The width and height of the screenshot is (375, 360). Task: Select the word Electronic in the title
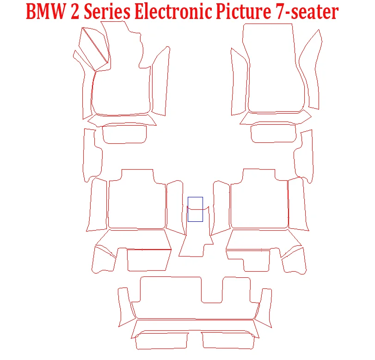click(168, 12)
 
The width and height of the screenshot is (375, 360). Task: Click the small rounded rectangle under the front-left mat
click(124, 134)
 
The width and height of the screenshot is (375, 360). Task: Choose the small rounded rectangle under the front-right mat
click(273, 134)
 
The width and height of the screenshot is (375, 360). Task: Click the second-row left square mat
click(136, 203)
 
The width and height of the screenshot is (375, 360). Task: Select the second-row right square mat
click(259, 203)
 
